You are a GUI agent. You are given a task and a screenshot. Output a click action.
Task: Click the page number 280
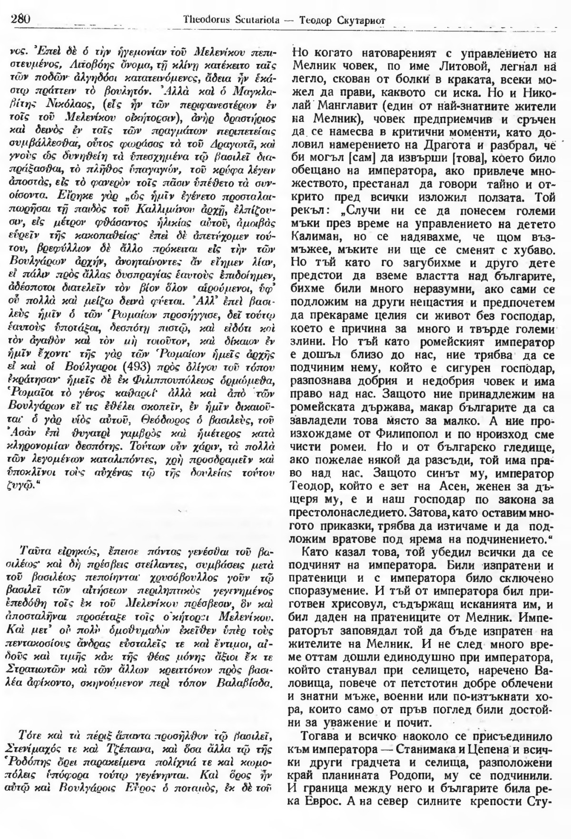pyautogui.click(x=20, y=19)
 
